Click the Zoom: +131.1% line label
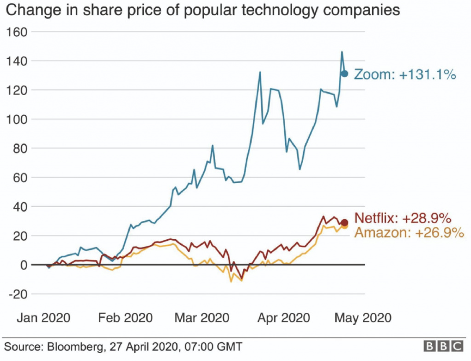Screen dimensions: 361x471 click(405, 74)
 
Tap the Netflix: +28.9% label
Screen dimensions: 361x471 click(402, 218)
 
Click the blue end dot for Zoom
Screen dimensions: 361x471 click(344, 73)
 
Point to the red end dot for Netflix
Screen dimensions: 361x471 click(345, 223)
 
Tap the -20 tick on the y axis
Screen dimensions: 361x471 click(18, 294)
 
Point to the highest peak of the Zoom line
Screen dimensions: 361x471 click(342, 52)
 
